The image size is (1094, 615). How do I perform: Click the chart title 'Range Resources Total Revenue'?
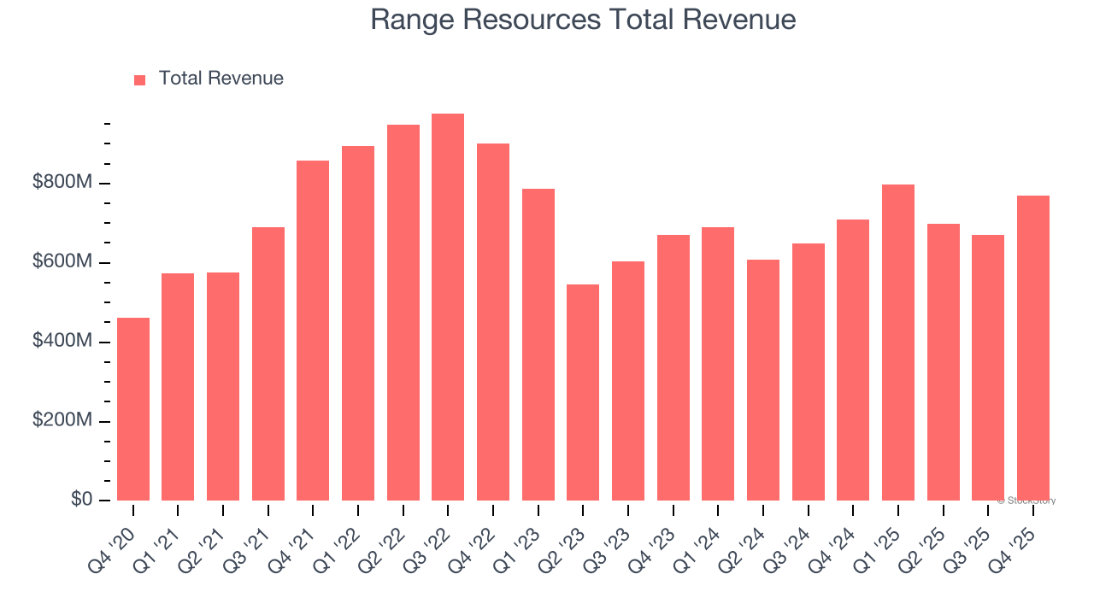click(x=583, y=20)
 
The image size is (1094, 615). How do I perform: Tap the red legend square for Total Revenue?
click(x=140, y=79)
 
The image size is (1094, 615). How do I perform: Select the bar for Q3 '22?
click(x=448, y=307)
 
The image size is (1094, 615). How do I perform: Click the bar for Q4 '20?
click(x=133, y=409)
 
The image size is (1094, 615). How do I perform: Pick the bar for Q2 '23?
click(x=583, y=393)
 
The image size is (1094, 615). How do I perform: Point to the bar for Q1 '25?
click(x=898, y=343)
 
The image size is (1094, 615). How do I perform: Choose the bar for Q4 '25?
click(x=1032, y=348)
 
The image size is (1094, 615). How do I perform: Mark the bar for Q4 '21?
click(x=313, y=331)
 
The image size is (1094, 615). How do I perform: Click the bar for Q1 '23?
click(x=538, y=345)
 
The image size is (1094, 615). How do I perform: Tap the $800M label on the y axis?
click(x=62, y=183)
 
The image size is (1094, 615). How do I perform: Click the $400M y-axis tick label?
click(x=62, y=342)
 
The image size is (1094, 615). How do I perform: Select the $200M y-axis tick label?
click(x=62, y=421)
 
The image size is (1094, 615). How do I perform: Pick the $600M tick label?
click(x=62, y=262)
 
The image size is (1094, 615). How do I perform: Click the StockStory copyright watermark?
click(x=1026, y=501)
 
